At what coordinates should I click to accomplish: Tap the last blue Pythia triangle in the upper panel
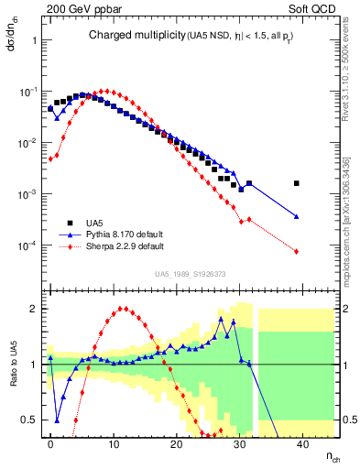[x=296, y=216]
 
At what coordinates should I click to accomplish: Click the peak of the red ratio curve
[x=123, y=309]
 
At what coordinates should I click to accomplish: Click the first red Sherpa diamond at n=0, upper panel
[x=50, y=158]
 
